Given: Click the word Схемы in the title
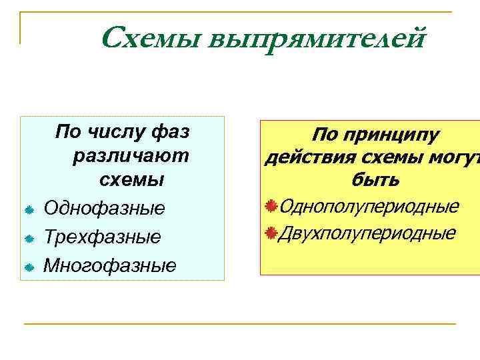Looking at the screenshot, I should coord(151,38).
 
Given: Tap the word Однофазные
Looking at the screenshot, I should coord(104,209).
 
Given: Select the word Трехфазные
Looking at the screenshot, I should coord(102,237).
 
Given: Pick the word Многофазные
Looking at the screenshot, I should coord(110,266).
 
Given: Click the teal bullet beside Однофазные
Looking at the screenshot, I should coord(29,210).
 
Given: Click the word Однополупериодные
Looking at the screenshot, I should coord(369,206).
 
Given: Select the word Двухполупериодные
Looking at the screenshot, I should coord(367,233).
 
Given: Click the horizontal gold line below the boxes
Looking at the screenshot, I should coord(240,324).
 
